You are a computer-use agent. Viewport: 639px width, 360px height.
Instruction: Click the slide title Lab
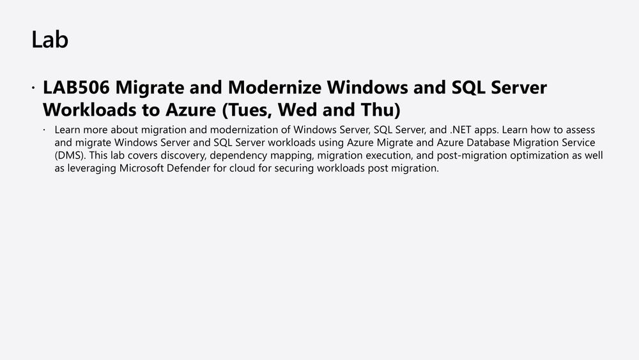coord(50,40)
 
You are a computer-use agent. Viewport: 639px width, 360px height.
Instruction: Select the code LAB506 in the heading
coord(76,87)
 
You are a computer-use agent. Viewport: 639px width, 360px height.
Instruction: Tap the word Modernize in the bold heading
coord(275,87)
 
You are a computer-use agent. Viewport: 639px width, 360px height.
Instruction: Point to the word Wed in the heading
coord(298,110)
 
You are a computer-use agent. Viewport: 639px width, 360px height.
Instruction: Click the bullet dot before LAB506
coord(33,87)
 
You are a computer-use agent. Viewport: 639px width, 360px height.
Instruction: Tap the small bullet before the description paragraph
coord(44,130)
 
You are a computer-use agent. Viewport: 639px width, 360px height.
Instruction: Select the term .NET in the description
coord(461,130)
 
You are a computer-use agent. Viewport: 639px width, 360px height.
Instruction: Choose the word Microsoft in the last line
coord(141,168)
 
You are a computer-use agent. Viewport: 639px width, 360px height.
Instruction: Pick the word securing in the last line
coord(294,168)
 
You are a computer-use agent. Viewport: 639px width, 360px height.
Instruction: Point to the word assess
coord(580,130)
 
